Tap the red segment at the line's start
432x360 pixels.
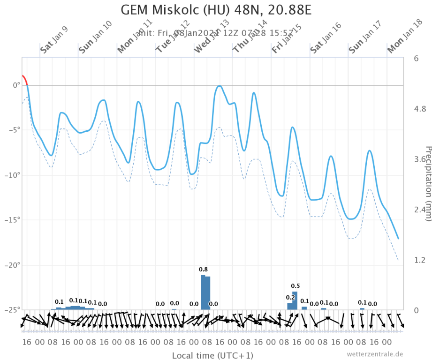click(24, 78)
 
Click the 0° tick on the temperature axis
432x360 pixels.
click(16, 85)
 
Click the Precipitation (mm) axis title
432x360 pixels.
click(427, 183)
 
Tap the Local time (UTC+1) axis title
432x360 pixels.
click(212, 355)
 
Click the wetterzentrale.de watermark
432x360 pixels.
click(375, 354)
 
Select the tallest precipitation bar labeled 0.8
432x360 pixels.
click(203, 292)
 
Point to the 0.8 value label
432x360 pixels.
click(204, 270)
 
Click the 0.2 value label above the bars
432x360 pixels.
click(290, 297)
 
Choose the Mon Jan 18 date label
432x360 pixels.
click(402, 39)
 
